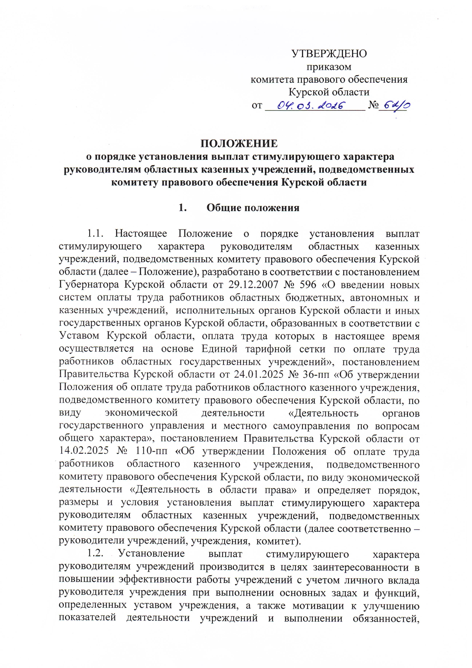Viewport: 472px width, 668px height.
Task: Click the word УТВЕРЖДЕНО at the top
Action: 329,54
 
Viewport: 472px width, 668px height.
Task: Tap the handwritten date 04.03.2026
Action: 311,105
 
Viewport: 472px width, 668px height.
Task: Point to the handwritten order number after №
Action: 395,105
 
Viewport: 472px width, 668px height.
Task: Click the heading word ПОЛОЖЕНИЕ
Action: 239,143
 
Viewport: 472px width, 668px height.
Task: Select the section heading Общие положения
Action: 253,208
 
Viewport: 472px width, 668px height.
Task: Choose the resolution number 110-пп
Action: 151,452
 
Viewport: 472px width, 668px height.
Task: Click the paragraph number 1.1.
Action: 95,233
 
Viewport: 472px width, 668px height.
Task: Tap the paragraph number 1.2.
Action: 95,554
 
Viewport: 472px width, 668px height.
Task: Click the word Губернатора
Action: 89,285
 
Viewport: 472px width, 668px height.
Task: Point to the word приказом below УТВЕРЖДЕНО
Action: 329,67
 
